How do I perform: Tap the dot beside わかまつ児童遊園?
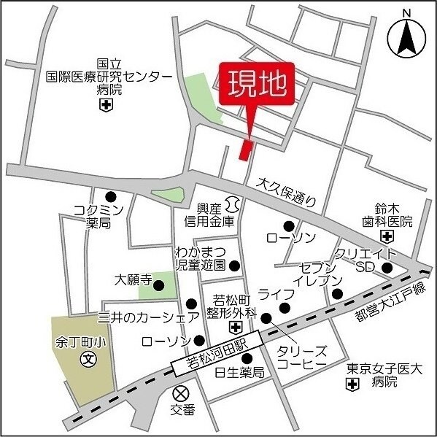[234, 266]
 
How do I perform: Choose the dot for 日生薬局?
[247, 358]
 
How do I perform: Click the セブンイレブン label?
[317, 273]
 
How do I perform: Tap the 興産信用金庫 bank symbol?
[233, 201]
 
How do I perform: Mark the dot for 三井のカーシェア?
[191, 304]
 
